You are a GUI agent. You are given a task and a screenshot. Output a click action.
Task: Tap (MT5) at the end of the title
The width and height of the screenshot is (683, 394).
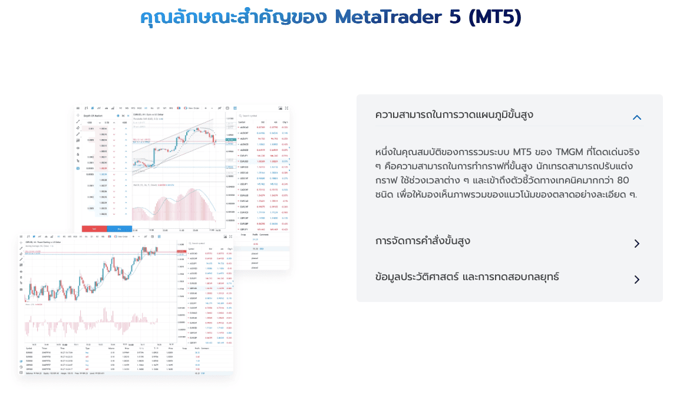(x=494, y=17)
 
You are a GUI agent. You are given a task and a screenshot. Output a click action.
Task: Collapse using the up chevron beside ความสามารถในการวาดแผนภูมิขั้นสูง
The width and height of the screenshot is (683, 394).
(x=636, y=117)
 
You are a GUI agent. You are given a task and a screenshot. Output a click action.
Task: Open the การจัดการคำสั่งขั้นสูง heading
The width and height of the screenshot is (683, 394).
(x=423, y=241)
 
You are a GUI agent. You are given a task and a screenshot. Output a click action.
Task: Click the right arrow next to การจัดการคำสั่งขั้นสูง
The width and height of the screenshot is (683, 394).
(x=636, y=244)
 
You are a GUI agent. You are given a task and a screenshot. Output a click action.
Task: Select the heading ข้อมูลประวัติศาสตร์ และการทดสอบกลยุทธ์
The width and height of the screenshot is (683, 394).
(x=467, y=277)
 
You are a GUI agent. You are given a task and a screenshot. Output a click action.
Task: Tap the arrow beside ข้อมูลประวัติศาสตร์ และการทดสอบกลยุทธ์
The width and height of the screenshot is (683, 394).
(x=636, y=279)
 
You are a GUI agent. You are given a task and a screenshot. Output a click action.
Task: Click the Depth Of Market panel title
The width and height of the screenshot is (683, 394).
(x=95, y=116)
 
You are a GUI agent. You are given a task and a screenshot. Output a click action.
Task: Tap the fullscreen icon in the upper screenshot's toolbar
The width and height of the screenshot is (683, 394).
(x=287, y=109)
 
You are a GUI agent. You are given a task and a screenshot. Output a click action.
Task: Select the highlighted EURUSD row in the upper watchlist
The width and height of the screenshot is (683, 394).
(x=262, y=161)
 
